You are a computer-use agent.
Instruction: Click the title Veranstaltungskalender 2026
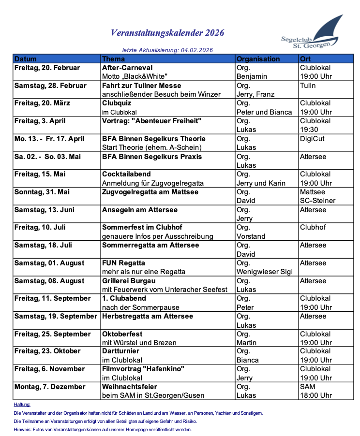167,33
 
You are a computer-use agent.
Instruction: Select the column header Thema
114,59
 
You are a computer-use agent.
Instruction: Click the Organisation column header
258,59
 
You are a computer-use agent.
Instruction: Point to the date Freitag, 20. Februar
47,68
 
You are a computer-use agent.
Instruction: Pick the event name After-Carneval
127,68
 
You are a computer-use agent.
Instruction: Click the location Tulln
308,86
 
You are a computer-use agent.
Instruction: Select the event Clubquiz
117,103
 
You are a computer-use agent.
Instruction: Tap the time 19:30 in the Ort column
309,130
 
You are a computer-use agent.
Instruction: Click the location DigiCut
312,139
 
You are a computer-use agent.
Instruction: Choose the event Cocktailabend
126,174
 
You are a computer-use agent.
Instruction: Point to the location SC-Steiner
317,201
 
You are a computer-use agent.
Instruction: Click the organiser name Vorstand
251,236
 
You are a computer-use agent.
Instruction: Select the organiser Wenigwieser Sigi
265,272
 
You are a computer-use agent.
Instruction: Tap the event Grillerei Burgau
129,281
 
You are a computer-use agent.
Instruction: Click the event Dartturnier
120,351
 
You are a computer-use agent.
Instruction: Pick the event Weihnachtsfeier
130,387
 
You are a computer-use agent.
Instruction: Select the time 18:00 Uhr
315,395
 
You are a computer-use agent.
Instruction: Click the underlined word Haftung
22,404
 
